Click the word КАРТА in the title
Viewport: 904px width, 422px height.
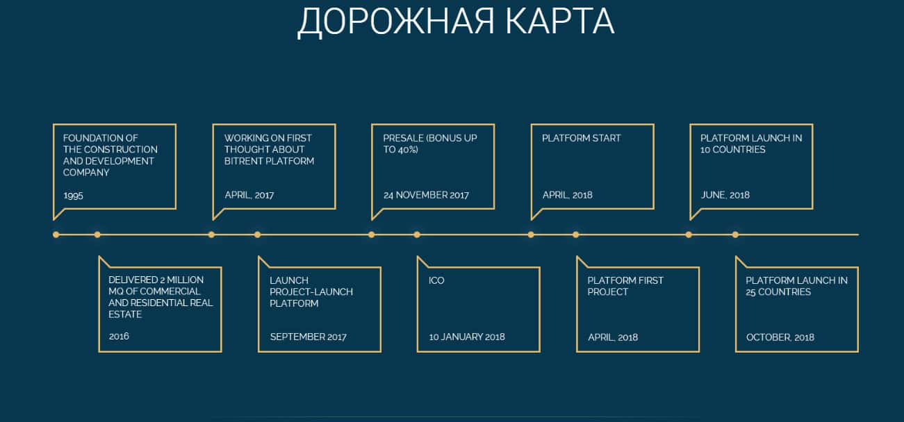[x=560, y=21]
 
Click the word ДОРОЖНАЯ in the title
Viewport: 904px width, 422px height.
[x=395, y=23]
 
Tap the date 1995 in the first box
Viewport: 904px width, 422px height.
[x=74, y=196]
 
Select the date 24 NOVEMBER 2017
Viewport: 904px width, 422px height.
[x=426, y=195]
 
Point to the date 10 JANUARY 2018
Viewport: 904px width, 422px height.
[x=467, y=337]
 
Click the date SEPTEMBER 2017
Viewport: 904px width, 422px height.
[x=309, y=337]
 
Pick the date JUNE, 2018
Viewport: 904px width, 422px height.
[x=725, y=195]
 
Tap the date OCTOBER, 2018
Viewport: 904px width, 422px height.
[x=780, y=337]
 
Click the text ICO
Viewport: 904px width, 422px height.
[x=436, y=280]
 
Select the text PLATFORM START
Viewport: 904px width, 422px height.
[x=581, y=138]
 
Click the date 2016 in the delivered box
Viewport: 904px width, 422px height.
[x=119, y=336]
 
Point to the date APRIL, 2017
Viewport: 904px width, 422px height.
[x=249, y=195]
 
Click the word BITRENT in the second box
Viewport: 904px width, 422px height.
[x=243, y=161]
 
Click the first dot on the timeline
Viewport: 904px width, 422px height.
[x=56, y=235]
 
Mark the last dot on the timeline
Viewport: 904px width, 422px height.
[x=735, y=235]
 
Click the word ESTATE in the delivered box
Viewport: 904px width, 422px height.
[x=125, y=314]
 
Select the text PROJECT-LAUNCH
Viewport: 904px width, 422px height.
[x=311, y=292]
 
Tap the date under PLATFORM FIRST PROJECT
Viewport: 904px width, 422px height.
[x=613, y=337]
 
